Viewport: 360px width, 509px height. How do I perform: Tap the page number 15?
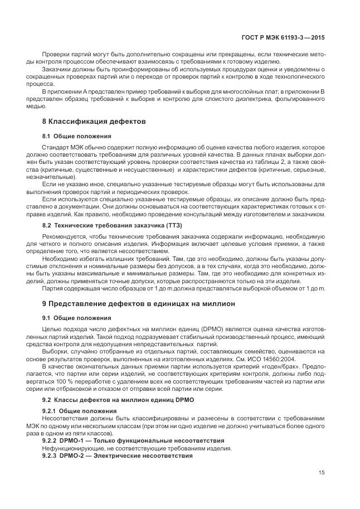tap(322, 473)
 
